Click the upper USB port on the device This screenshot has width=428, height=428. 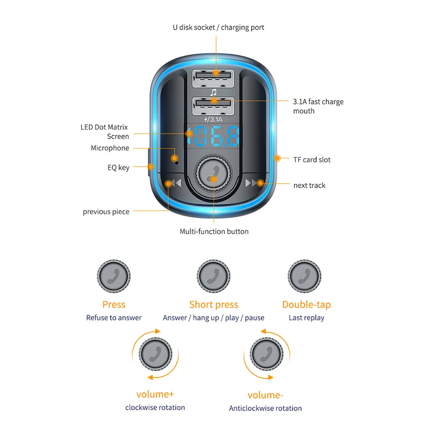(213, 78)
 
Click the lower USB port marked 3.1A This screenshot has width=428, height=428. (213, 106)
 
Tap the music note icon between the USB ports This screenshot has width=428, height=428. (214, 93)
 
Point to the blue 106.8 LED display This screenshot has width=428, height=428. (213, 136)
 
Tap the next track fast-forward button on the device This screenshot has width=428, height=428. (253, 183)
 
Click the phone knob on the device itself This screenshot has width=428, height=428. (213, 173)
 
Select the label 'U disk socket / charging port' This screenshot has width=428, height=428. (218, 28)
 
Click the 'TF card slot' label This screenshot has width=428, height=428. (312, 160)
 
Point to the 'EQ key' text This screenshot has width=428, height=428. (119, 168)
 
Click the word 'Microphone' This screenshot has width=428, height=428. (110, 148)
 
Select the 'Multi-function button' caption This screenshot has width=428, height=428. (214, 231)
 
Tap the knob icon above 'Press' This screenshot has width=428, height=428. (114, 276)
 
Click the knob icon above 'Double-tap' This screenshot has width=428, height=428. (305, 276)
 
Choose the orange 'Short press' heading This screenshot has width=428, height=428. (214, 305)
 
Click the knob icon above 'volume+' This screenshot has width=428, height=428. (155, 354)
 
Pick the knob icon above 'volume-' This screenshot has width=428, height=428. (267, 354)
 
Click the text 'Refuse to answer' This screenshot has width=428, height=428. (114, 318)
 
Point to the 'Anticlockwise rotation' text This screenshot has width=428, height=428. (265, 408)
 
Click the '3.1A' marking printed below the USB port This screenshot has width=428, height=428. (214, 119)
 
